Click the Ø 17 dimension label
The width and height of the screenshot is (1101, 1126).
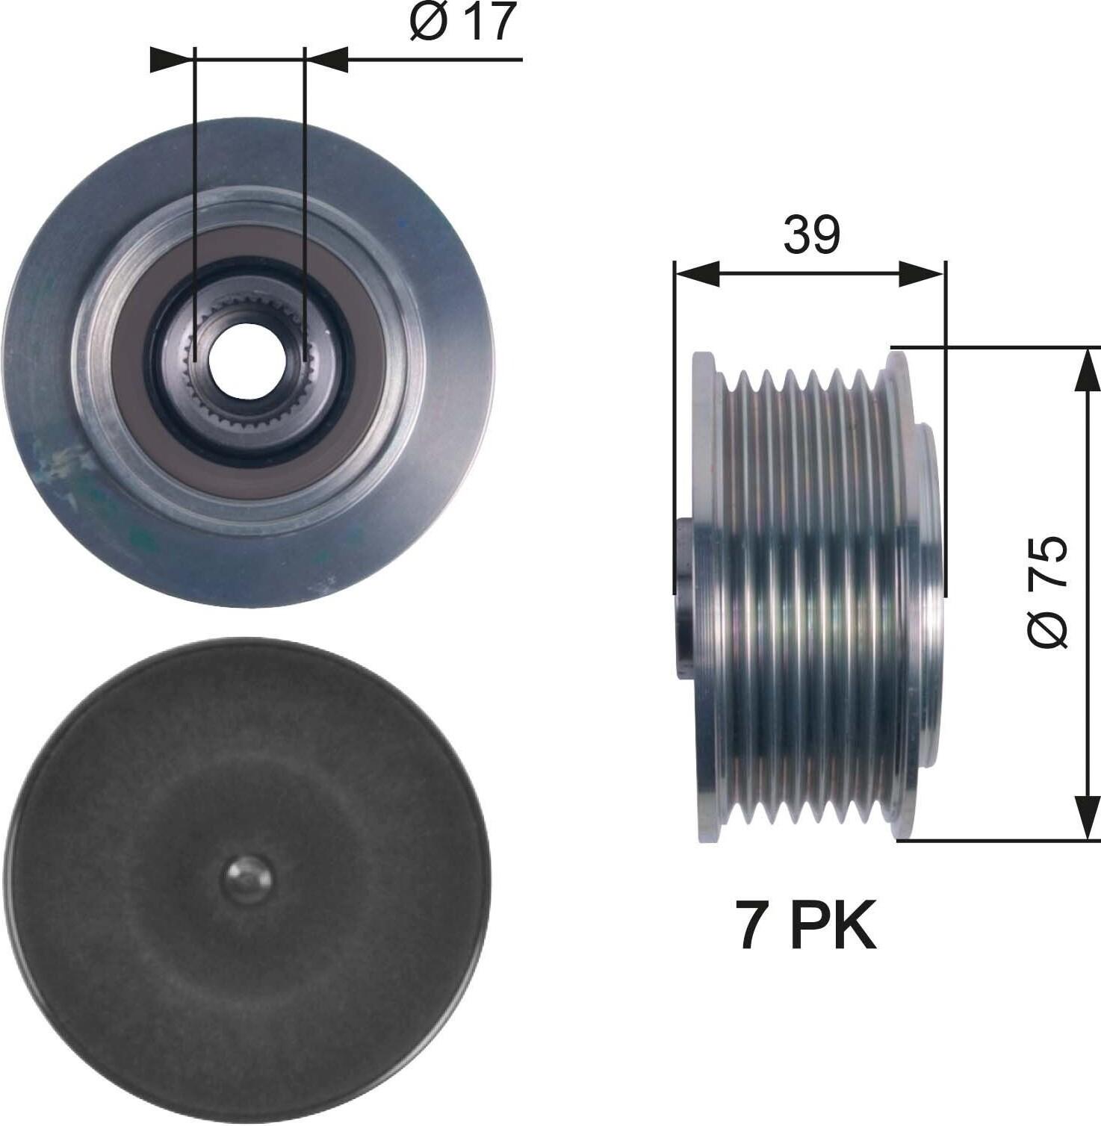pyautogui.click(x=463, y=22)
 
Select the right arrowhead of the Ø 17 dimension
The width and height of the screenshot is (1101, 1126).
pyautogui.click(x=326, y=60)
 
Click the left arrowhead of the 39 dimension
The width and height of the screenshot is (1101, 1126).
pyautogui.click(x=696, y=274)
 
